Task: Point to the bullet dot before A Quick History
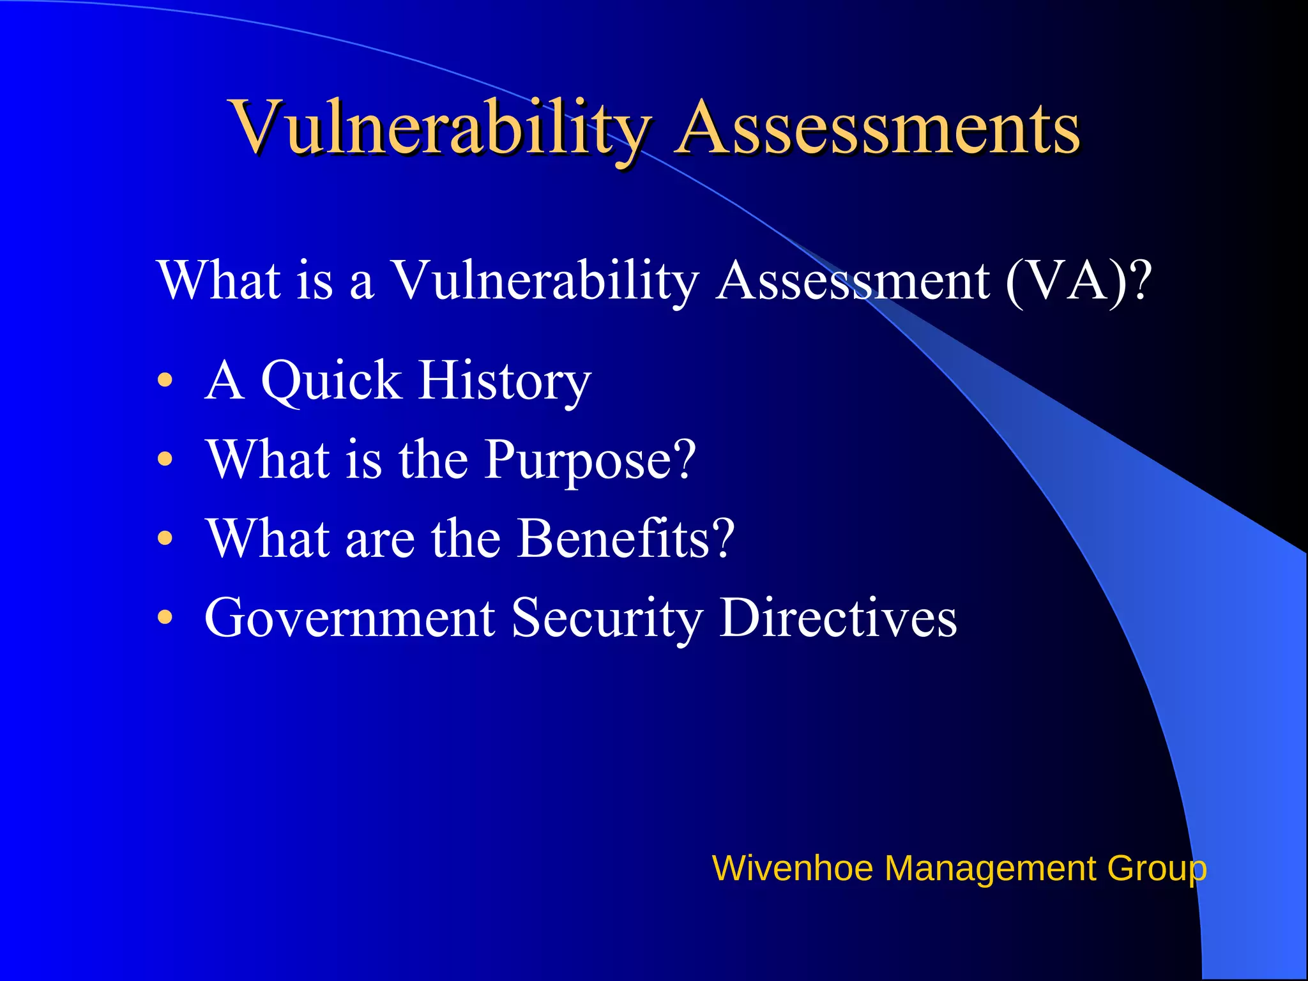click(165, 381)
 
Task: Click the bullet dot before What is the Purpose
click(165, 460)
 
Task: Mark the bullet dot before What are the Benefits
click(165, 539)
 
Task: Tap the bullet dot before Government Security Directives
click(165, 618)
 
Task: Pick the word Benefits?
click(626, 539)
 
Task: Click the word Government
click(349, 618)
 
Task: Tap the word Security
click(607, 618)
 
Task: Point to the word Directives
click(838, 618)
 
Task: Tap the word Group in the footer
click(1157, 869)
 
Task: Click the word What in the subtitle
click(218, 281)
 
